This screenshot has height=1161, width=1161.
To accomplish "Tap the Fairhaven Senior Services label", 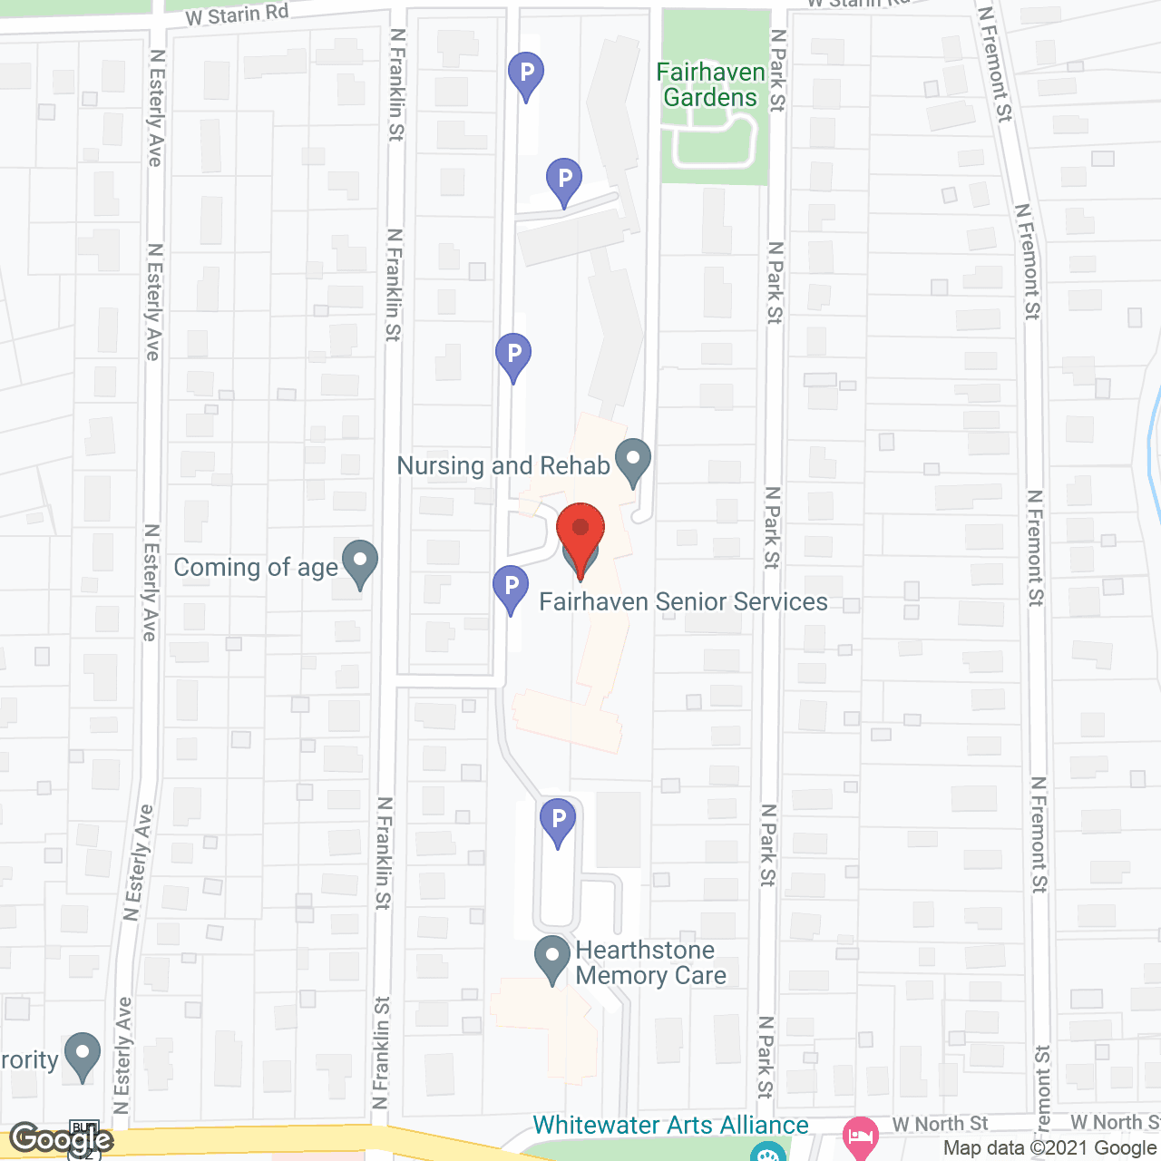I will (683, 602).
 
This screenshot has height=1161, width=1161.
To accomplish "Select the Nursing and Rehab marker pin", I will (633, 461).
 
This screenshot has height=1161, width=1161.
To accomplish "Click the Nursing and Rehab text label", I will (503, 466).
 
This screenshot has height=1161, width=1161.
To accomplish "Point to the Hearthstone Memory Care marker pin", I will (551, 960).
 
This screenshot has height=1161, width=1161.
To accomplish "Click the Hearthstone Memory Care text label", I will (650, 963).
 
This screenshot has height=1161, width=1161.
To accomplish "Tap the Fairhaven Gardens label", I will (711, 85).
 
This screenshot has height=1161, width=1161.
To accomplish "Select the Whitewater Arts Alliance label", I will (670, 1126).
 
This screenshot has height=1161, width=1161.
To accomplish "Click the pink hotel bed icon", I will (860, 1135).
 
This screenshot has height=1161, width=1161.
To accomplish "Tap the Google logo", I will (62, 1139).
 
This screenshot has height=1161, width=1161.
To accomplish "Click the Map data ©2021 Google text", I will (1050, 1147).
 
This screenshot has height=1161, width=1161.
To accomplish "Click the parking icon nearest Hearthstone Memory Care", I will (558, 820).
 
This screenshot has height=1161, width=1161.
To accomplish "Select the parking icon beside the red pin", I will (511, 588).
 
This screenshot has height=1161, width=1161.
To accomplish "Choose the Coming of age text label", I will (256, 568).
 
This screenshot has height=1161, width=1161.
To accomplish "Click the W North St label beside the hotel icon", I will (940, 1125).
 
